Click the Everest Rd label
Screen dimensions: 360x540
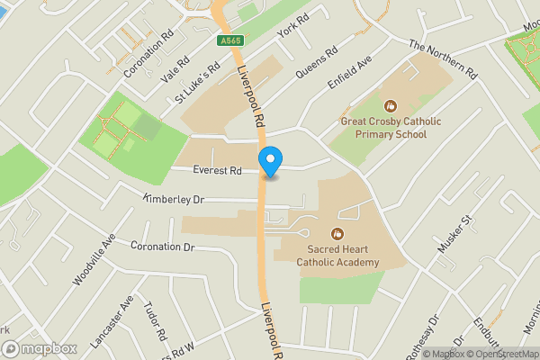click(x=218, y=170)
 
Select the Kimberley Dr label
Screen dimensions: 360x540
click(x=174, y=199)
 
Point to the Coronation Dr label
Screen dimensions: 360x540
click(x=163, y=246)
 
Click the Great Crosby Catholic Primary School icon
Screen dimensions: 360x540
click(x=390, y=105)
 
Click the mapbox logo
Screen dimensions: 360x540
click(x=39, y=348)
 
